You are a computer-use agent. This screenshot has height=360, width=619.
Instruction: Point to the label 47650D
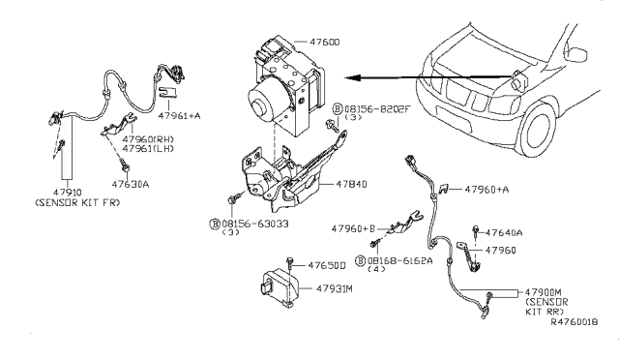(327, 264)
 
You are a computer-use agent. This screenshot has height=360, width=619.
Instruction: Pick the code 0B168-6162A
(399, 260)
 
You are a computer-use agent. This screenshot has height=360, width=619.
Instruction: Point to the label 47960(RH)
(153, 139)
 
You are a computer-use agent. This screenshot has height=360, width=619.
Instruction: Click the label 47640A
(505, 232)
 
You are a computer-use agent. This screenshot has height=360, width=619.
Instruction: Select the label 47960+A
(490, 190)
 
